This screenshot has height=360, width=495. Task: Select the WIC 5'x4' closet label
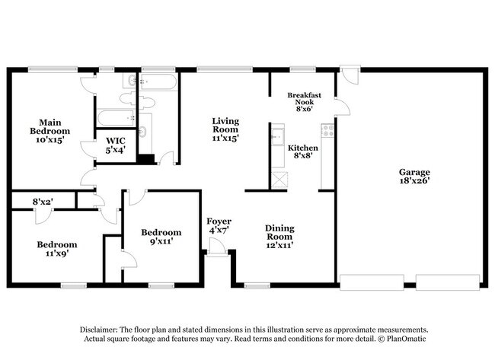[x=115, y=145]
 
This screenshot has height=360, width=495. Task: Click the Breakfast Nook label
[x=305, y=100]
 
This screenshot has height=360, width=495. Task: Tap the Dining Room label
[x=279, y=236]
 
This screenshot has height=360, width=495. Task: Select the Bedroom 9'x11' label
[x=161, y=237]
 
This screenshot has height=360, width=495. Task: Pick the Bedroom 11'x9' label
[x=58, y=250]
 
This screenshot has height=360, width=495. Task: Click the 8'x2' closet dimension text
[x=42, y=202]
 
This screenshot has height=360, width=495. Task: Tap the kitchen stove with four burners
[x=327, y=130]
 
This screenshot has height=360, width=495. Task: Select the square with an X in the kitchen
[x=279, y=180]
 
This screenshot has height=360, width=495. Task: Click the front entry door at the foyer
[x=217, y=247]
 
